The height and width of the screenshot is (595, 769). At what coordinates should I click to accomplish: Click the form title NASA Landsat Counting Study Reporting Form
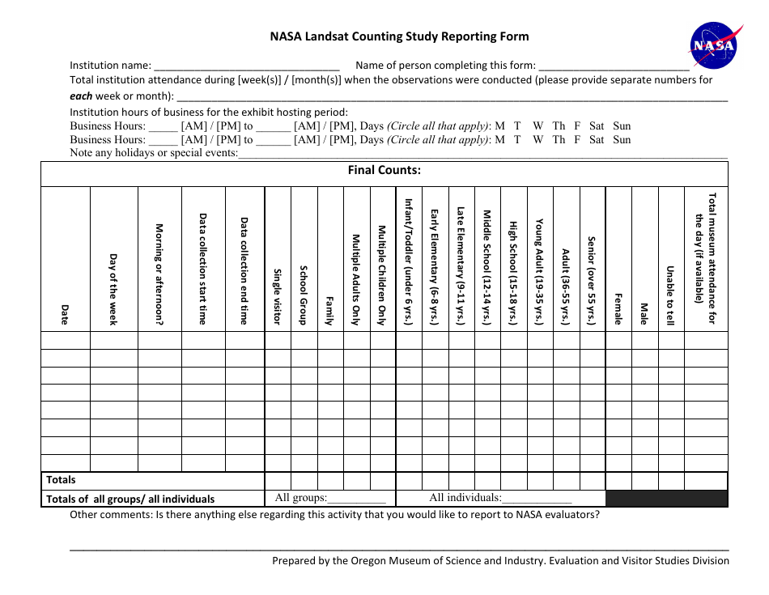click(x=399, y=36)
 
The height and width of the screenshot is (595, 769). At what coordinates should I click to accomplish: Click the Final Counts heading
click(x=384, y=170)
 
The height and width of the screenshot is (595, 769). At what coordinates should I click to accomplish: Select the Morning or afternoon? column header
click(x=159, y=275)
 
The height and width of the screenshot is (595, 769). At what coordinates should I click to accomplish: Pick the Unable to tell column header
click(x=670, y=295)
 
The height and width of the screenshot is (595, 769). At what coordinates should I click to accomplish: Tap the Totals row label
click(x=62, y=480)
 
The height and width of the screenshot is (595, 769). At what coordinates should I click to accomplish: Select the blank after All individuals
click(x=537, y=499)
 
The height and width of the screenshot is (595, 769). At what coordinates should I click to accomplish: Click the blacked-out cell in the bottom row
click(x=666, y=499)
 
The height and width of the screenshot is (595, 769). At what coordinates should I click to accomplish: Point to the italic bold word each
click(x=81, y=96)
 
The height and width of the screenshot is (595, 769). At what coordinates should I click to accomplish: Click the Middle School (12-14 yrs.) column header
click(x=487, y=267)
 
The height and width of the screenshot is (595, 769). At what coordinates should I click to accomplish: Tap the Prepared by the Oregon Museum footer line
click(x=500, y=560)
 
